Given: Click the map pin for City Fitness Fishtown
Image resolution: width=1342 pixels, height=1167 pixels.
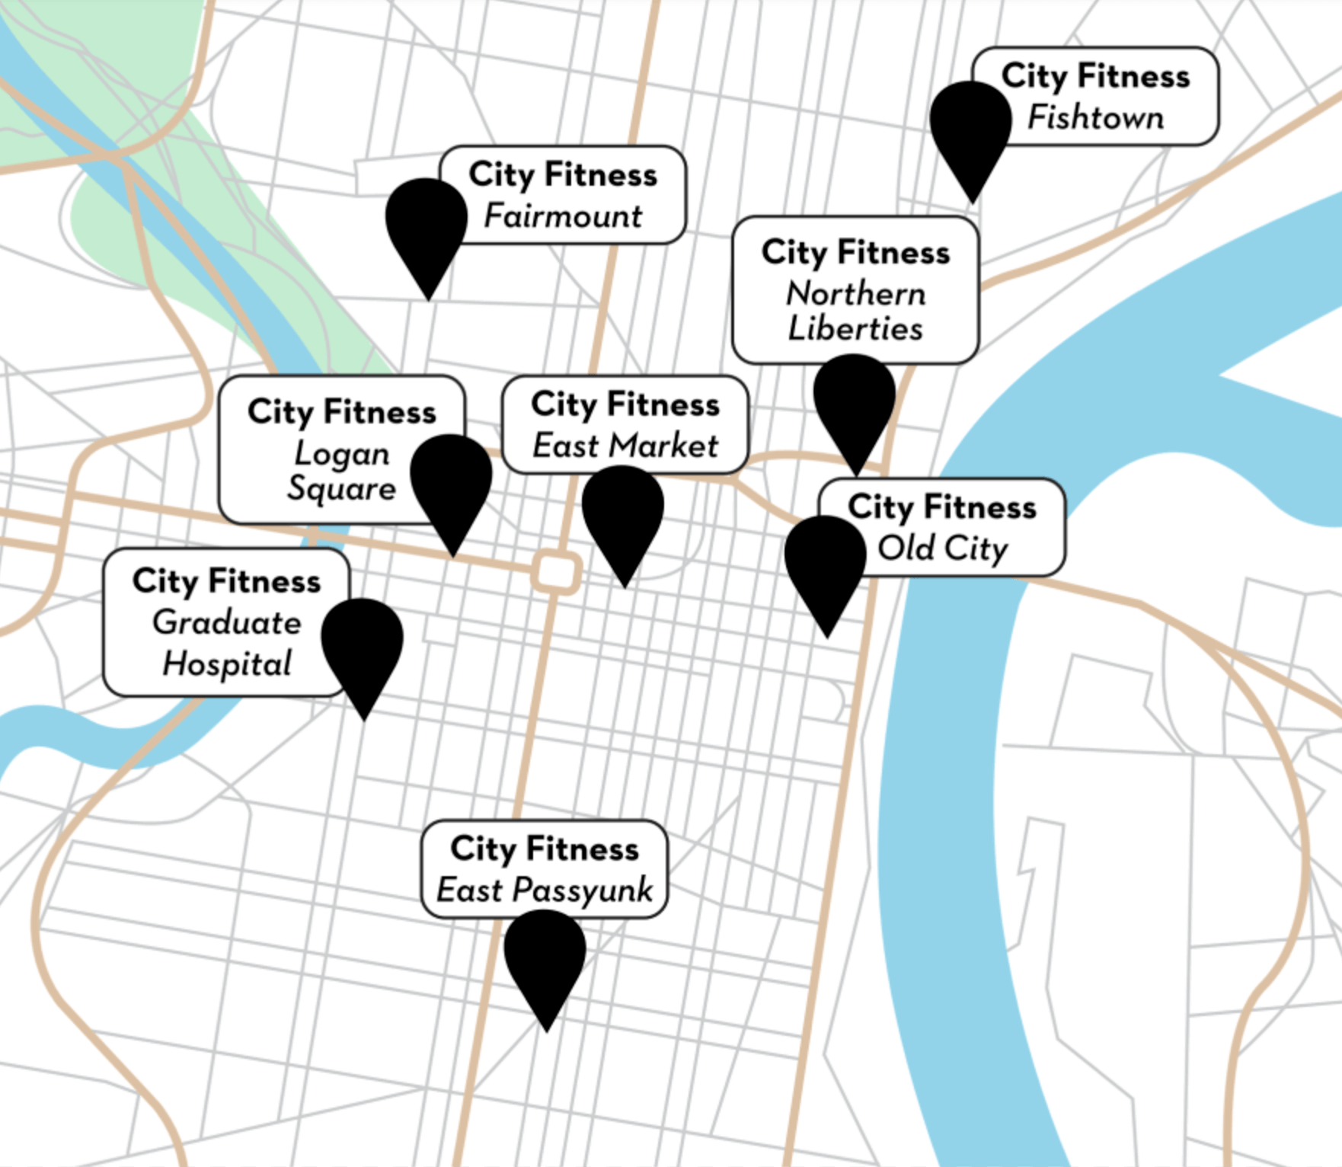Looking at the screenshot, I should pyautogui.click(x=970, y=129).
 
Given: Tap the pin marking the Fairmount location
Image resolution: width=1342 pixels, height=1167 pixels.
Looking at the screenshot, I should pyautogui.click(x=427, y=225).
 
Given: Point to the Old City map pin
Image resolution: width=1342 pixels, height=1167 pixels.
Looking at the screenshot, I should pyautogui.click(x=826, y=563).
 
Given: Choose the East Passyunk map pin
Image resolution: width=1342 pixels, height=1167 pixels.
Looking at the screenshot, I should pyautogui.click(x=545, y=957).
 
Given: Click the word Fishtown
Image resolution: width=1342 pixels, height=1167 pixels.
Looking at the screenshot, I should pyautogui.click(x=1095, y=117).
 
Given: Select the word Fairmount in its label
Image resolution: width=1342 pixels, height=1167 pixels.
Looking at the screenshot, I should pyautogui.click(x=564, y=216).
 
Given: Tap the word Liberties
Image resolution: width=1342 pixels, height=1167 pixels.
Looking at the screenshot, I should pyautogui.click(x=855, y=329).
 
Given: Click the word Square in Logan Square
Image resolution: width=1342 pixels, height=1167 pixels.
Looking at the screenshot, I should pyautogui.click(x=342, y=488).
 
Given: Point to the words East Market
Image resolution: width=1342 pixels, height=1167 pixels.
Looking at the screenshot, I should pyautogui.click(x=625, y=446).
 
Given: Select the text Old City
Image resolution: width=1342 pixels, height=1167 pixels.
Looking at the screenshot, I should pyautogui.click(x=943, y=548).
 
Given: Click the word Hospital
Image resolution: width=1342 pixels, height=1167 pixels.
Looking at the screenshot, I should pyautogui.click(x=227, y=663).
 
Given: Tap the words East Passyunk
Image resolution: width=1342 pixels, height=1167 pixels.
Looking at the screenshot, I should pyautogui.click(x=545, y=890).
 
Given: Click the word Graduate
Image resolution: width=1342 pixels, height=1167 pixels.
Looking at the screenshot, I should pyautogui.click(x=227, y=622).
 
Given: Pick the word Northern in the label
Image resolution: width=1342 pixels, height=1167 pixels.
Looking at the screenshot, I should pyautogui.click(x=856, y=293).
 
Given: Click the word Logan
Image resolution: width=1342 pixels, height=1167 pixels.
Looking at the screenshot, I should pyautogui.click(x=342, y=453).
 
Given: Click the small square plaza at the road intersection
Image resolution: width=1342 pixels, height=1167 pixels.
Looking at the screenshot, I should pyautogui.click(x=556, y=571).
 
